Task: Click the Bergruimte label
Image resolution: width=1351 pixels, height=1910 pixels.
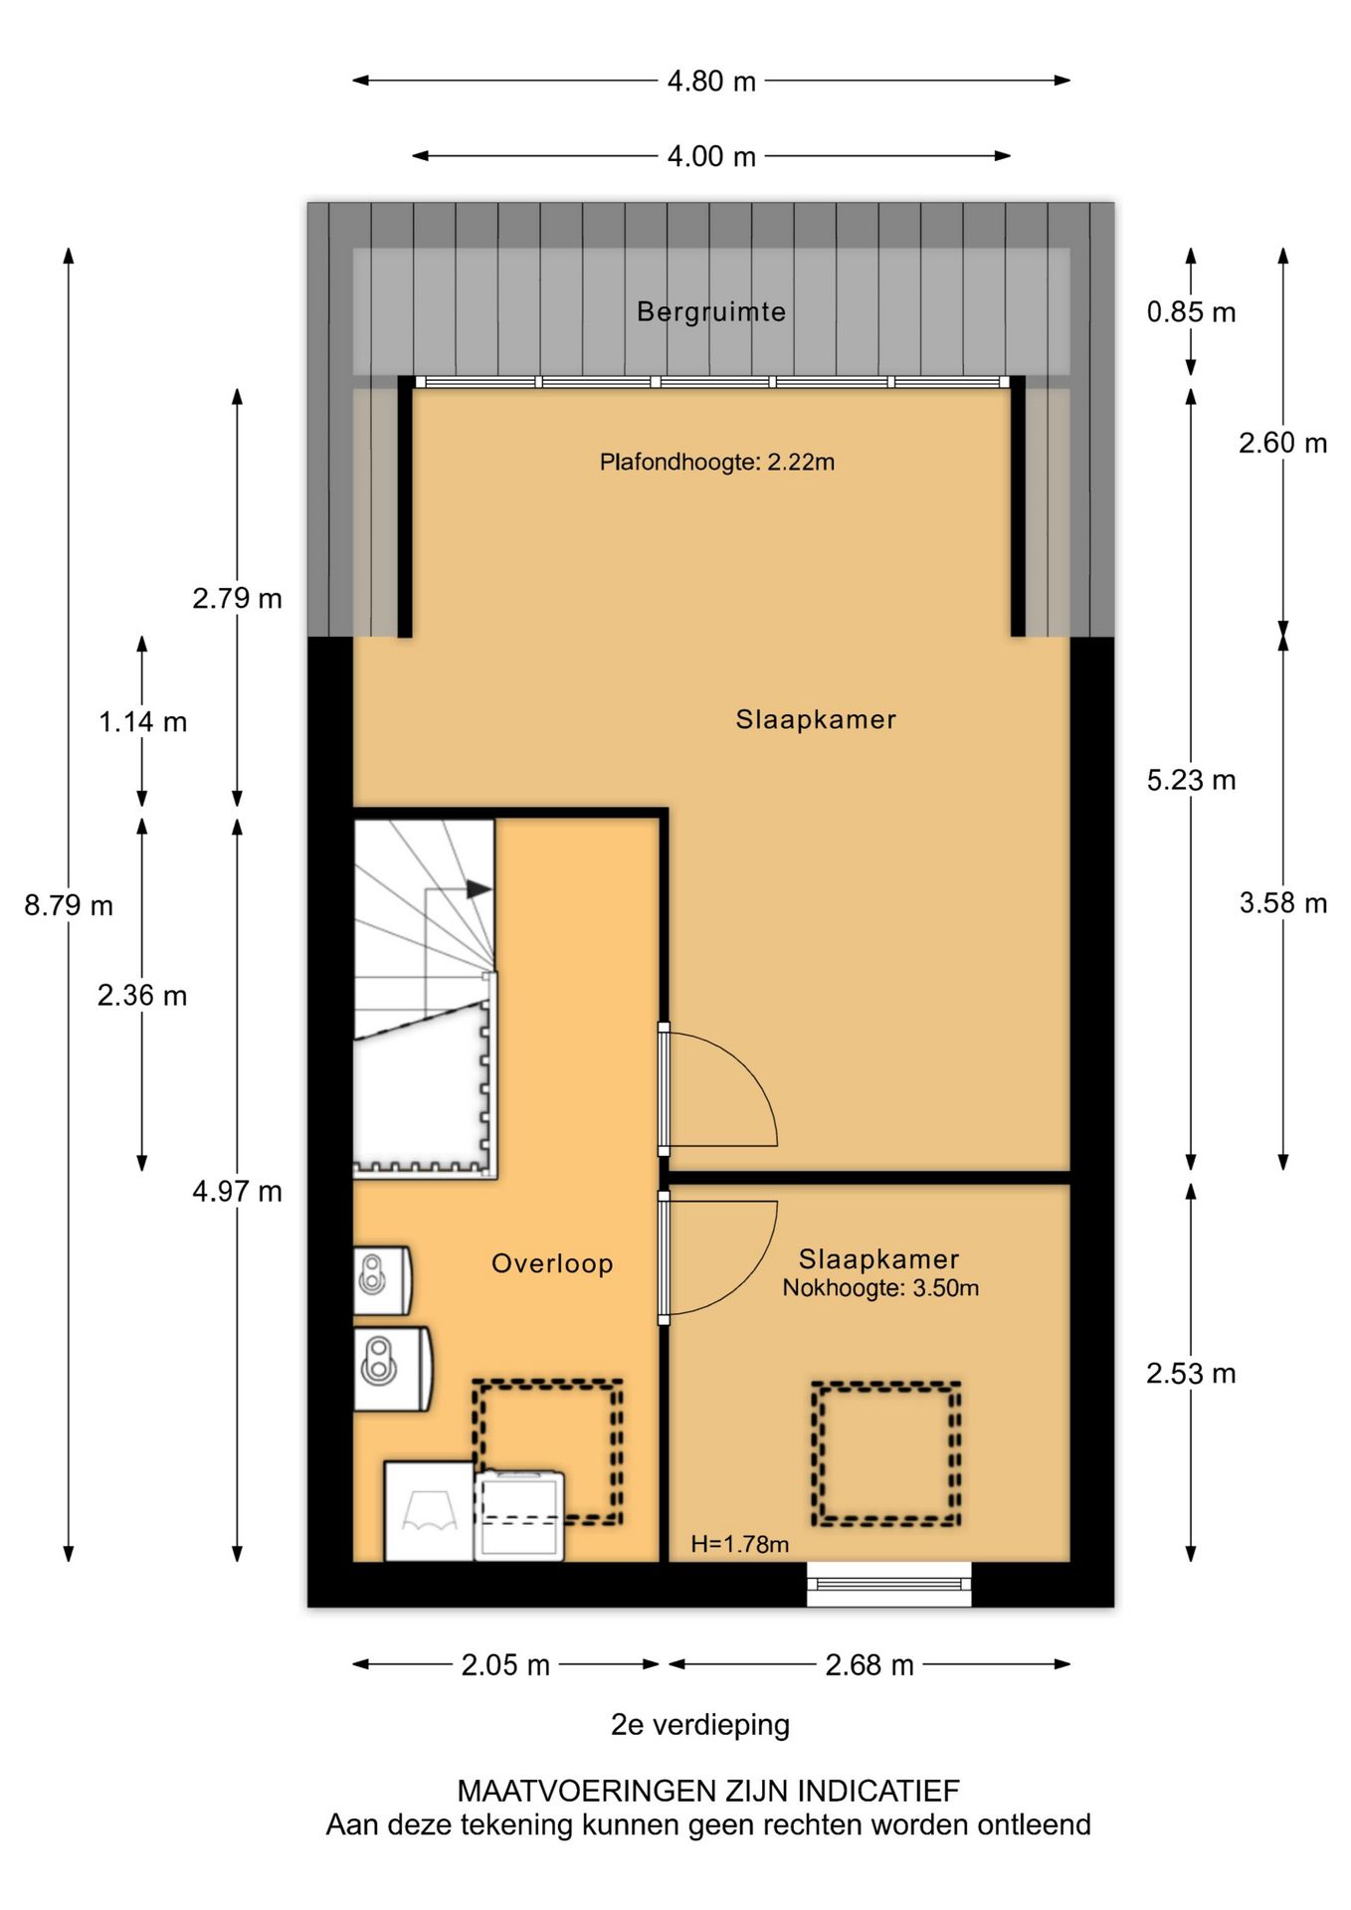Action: click(711, 312)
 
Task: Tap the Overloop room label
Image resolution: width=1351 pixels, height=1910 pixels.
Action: click(552, 1263)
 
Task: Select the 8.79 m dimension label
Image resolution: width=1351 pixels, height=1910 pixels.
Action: click(69, 905)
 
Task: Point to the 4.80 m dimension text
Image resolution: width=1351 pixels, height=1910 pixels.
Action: click(711, 81)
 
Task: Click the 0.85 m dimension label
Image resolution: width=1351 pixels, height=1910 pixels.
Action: click(1191, 312)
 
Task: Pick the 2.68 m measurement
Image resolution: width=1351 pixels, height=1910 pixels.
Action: click(869, 1664)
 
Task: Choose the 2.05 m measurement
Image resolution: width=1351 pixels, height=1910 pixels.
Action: click(505, 1664)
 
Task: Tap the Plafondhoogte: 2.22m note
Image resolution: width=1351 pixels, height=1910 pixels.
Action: click(716, 462)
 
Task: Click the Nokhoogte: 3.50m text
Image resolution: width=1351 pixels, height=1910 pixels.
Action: click(880, 1288)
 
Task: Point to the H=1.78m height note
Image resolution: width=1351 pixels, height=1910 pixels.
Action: click(740, 1544)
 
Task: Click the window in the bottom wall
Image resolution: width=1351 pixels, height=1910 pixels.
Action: click(888, 1583)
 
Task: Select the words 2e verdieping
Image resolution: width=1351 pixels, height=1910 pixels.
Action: click(700, 1724)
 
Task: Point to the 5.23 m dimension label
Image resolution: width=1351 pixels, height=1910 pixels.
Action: click(1191, 780)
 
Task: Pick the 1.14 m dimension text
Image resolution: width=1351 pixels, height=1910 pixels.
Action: click(142, 722)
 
